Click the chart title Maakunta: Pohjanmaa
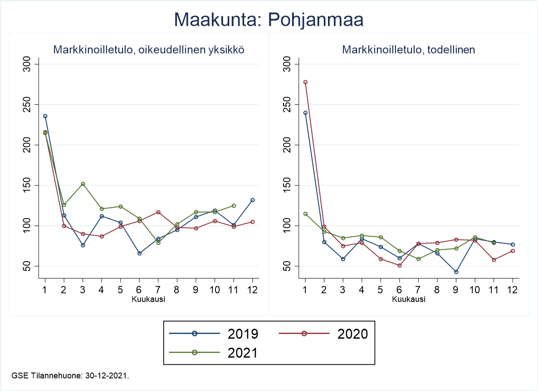pyautogui.click(x=269, y=20)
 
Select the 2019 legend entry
pyautogui.click(x=214, y=333)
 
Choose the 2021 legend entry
pyautogui.click(x=214, y=352)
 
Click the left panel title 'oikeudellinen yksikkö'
pyautogui.click(x=149, y=50)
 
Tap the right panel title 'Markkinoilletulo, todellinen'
pyautogui.click(x=409, y=50)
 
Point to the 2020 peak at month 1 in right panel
pyautogui.click(x=305, y=82)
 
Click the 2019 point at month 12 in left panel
pyautogui.click(x=253, y=200)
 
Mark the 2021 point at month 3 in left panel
pyautogui.click(x=83, y=184)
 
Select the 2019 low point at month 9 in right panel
pyautogui.click(x=456, y=272)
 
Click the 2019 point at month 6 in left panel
pyautogui.click(x=140, y=253)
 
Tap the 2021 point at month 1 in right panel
pyautogui.click(x=305, y=214)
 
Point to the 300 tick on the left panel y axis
pyautogui.click(x=30, y=64)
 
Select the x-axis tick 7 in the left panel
pyautogui.click(x=158, y=290)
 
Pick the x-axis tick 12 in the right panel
pyautogui.click(x=512, y=290)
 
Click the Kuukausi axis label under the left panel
pyautogui.click(x=148, y=299)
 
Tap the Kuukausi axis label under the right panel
pyautogui.click(x=408, y=299)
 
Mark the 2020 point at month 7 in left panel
pyautogui.click(x=158, y=212)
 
